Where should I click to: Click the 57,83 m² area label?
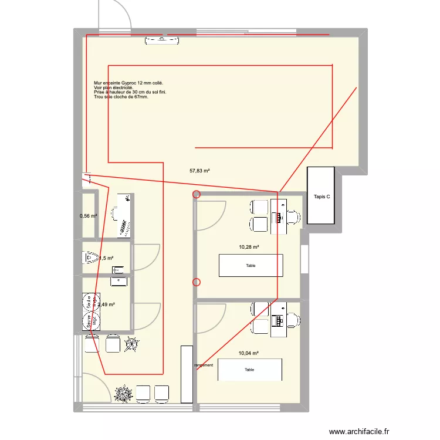coord(199,171)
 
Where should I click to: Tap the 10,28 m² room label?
coord(249,248)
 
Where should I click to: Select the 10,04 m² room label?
coord(248,353)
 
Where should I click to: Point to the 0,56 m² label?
coord(88,216)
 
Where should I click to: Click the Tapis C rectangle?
coord(321,195)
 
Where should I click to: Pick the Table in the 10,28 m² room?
coord(251,265)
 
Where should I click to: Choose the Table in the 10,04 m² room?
coord(250,370)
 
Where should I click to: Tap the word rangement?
coord(204,365)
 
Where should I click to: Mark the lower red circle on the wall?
coord(197,282)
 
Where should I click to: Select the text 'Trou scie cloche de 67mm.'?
coord(121,97)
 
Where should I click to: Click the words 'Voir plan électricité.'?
coord(113,88)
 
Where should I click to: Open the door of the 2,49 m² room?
coord(147,317)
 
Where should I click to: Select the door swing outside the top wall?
coord(114,14)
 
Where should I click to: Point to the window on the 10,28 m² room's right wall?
coord(304,259)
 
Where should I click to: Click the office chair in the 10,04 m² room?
coord(293,320)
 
